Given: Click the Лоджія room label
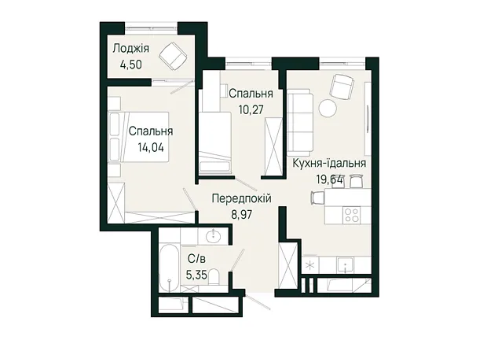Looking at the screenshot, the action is pos(130,49).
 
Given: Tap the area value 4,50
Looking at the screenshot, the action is pos(130,65).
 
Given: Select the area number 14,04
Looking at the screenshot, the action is pos(151,147).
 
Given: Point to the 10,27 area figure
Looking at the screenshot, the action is pos(251,109).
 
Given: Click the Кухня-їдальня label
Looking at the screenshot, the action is pos(330,163).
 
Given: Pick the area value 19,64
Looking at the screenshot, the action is pos(329,179).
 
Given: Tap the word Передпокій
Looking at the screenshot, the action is pos(242,198).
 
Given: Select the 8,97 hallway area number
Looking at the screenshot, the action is pos(241,215).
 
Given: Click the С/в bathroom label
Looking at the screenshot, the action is pos(197,258).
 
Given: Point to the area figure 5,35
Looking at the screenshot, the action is pos(196,275).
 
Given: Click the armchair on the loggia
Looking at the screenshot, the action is pos(173,55).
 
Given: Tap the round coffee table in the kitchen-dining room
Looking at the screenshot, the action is pos(328,109).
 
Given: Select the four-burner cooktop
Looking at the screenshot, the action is pos(352,215).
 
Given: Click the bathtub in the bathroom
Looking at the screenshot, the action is pos(169,268).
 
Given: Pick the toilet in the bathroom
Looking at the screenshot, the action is pos(214,277).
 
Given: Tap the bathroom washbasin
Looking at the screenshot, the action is pos(214,235).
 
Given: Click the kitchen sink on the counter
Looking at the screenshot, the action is pos(346,265).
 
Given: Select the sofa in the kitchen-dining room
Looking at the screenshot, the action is pos(298,122).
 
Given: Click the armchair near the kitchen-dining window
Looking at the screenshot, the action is pos(342,85).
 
